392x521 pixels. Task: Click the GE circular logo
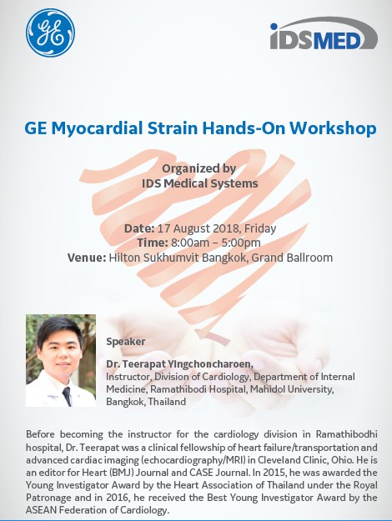click(50, 33)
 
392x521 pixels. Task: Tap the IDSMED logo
click(324, 33)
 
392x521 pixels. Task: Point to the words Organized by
click(199, 168)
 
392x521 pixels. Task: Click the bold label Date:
click(139, 228)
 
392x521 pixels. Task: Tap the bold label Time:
click(153, 243)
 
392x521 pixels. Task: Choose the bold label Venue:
click(87, 258)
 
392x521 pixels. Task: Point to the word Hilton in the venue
click(123, 258)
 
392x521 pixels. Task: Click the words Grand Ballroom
click(292, 258)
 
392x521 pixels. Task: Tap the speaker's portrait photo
click(61, 360)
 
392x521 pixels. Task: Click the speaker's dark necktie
click(68, 396)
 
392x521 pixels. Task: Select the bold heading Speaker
click(126, 342)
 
